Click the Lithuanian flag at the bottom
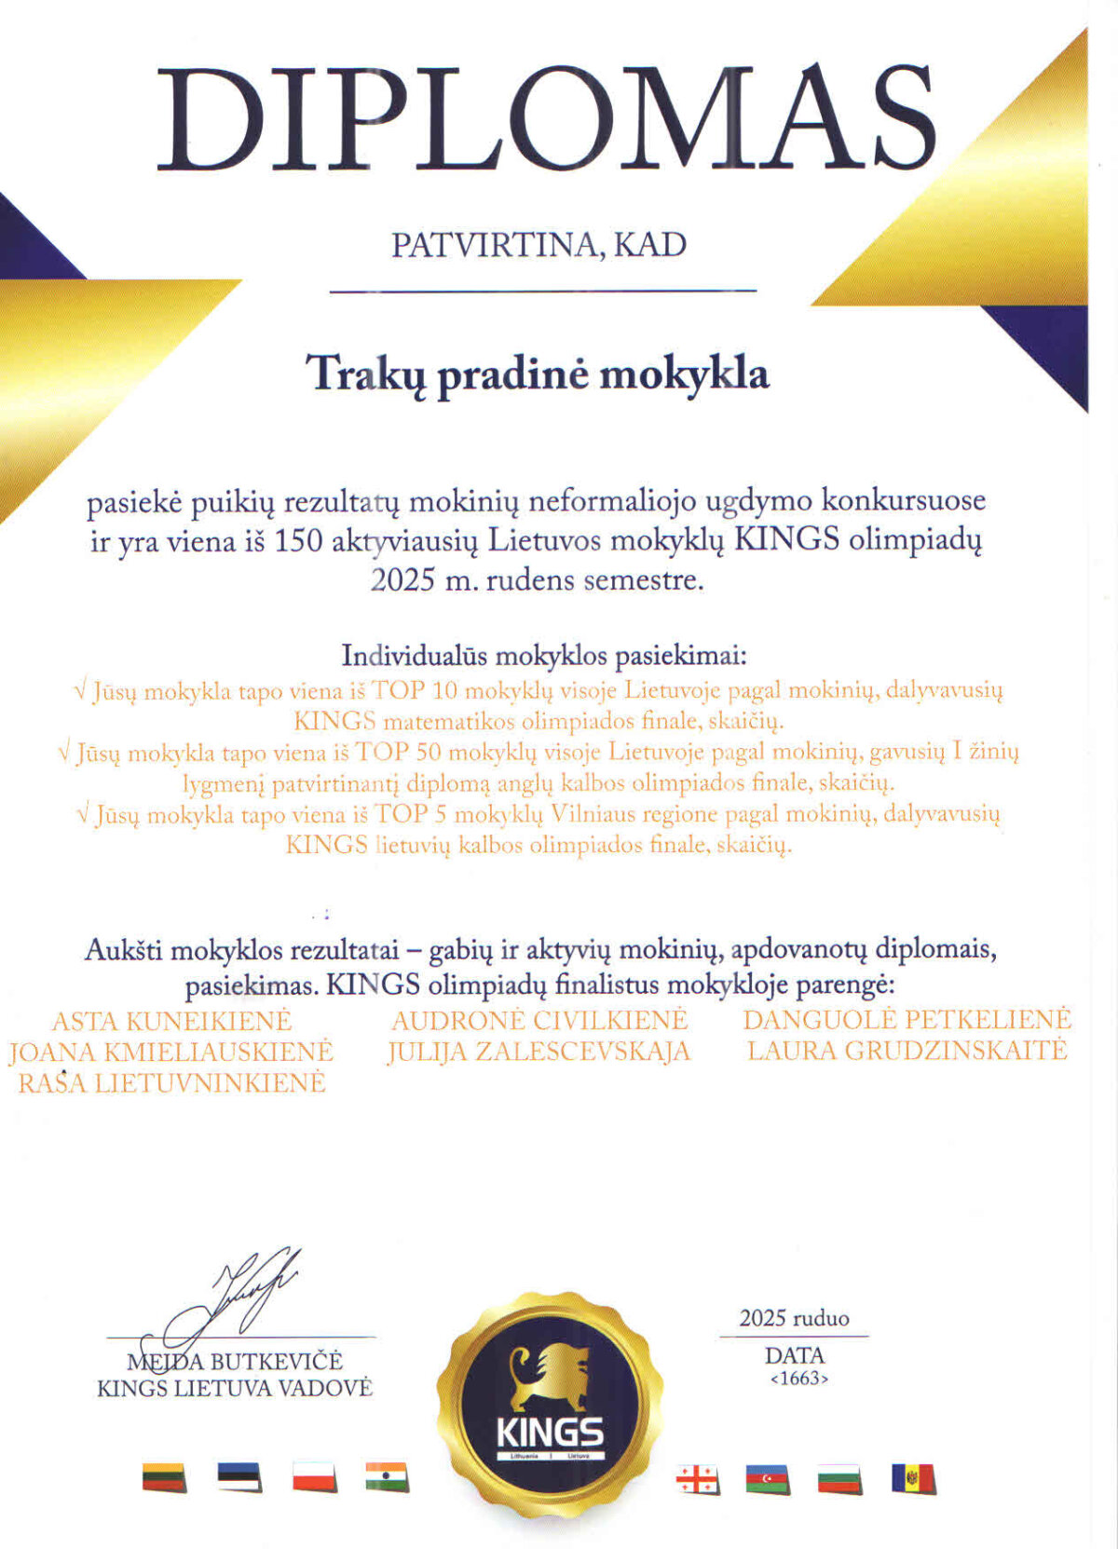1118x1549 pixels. tap(164, 1477)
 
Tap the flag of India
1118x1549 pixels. tap(387, 1476)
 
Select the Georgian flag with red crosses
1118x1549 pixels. tap(698, 1479)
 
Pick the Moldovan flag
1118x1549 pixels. tap(913, 1478)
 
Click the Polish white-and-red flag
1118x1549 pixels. tap(314, 1476)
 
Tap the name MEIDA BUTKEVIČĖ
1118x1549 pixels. tap(235, 1362)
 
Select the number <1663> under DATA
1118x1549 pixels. tap(798, 1379)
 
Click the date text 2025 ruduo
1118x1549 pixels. tap(794, 1318)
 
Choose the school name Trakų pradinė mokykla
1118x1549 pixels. tap(539, 374)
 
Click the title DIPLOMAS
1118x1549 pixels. tap(545, 119)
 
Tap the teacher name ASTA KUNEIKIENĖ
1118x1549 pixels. tap(171, 1021)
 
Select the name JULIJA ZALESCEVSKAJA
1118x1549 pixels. tap(539, 1052)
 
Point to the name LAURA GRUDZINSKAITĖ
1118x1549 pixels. tap(907, 1051)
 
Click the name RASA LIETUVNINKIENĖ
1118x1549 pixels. tap(172, 1082)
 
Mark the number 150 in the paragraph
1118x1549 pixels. tap(298, 541)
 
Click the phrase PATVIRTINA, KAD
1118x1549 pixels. tap(539, 245)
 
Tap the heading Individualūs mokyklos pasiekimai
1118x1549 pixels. tap(544, 656)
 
